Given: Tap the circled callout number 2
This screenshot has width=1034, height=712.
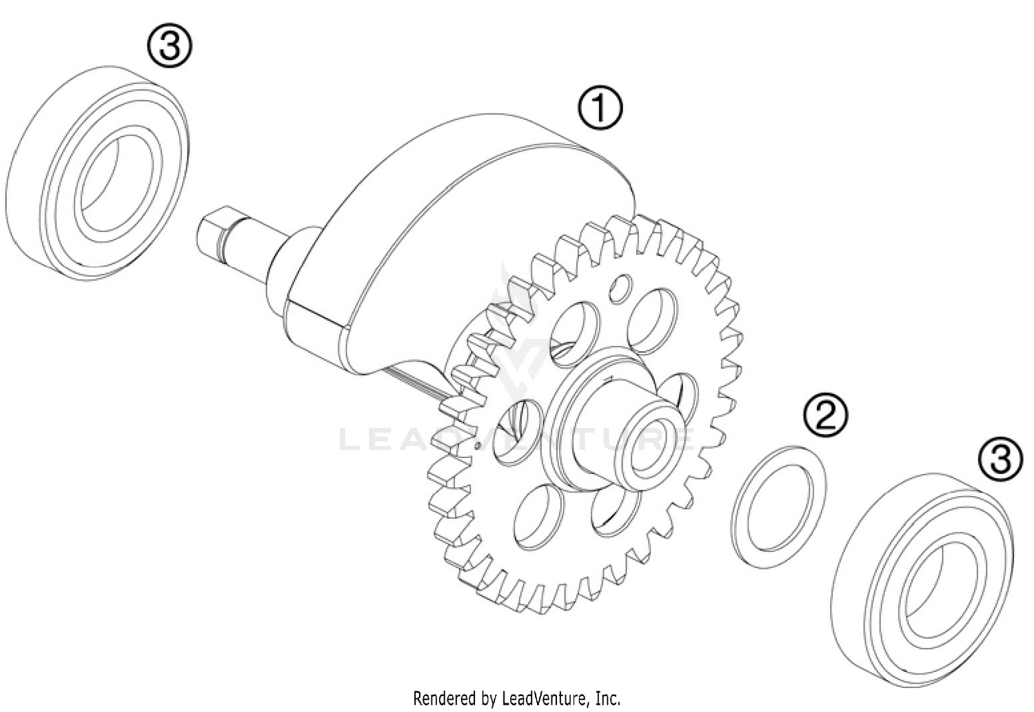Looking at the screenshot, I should coord(825,415).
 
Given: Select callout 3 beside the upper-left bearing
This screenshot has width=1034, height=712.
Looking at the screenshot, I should coord(170,47).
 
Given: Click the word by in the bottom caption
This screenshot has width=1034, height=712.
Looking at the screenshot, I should coord(488,698).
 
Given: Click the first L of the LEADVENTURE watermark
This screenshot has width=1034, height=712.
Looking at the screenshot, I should coord(351,439).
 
